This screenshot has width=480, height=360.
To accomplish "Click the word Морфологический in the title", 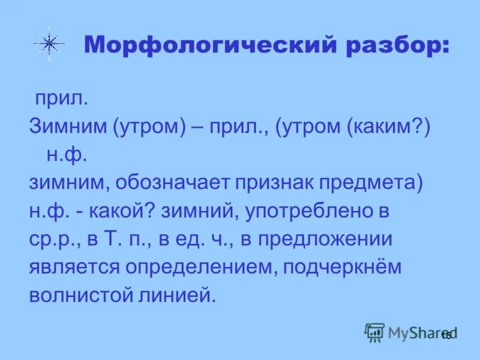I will pyautogui.click(x=214, y=46).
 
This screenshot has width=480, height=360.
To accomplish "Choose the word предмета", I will pyautogui.click(x=376, y=183).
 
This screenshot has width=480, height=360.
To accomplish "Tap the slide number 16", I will pyautogui.click(x=446, y=335).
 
